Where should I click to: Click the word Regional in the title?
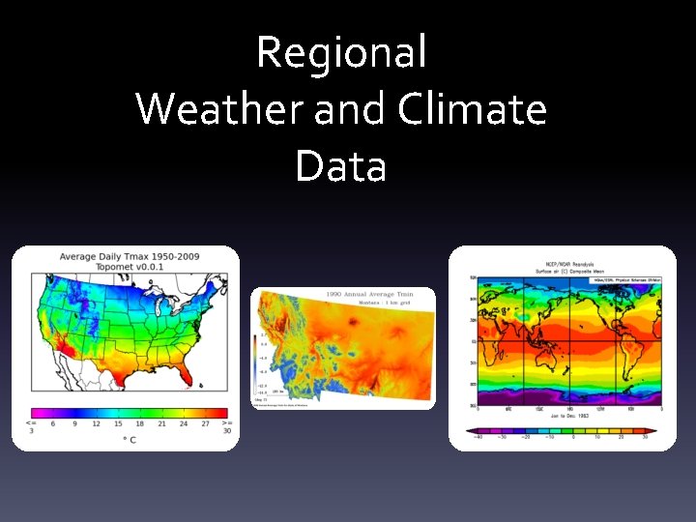pos(341,52)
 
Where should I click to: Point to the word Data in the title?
pos(341,165)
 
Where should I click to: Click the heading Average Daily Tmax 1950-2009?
pos(130,257)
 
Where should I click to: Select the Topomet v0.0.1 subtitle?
pos(130,267)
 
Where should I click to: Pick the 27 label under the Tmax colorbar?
pos(205,423)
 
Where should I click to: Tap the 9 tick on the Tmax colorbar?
pos(74,423)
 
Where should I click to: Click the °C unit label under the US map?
pos(129,440)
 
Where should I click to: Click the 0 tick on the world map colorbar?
pos(574,437)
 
